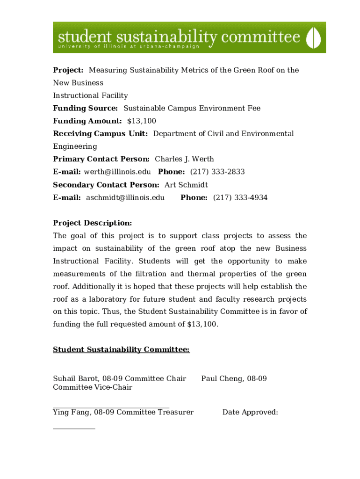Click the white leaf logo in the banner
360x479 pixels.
(x=314, y=37)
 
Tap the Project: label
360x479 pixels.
(x=68, y=70)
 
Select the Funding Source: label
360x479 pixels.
(x=85, y=109)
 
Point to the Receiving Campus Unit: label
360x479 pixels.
(x=101, y=134)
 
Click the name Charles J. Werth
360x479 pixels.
(x=184, y=159)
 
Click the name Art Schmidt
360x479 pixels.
(x=186, y=185)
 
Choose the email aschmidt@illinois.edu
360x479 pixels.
(x=125, y=198)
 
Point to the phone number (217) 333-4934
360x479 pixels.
(x=240, y=198)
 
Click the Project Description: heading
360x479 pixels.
(x=93, y=223)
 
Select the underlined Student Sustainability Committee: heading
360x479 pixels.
(x=121, y=350)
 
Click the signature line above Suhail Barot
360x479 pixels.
(x=111, y=374)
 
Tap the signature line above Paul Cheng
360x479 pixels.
(x=235, y=374)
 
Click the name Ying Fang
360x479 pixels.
(x=72, y=412)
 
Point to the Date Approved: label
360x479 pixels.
(x=250, y=412)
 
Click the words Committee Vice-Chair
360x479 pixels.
(x=93, y=387)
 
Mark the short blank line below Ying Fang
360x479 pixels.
(x=74, y=428)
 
